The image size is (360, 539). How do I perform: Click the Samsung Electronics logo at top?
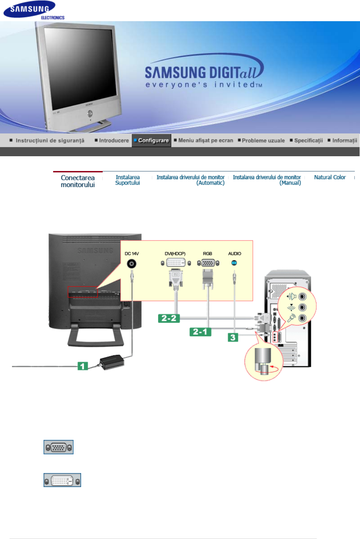coord(34,11)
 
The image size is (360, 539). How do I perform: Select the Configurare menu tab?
coord(151,141)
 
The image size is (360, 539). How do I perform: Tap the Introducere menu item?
coord(112,141)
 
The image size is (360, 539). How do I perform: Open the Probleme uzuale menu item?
coord(262,141)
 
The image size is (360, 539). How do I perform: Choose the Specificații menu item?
coord(307,141)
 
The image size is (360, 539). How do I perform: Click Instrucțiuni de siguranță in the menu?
coord(48,141)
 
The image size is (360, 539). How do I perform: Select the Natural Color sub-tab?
coord(330,177)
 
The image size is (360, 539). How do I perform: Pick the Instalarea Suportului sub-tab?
coord(127,180)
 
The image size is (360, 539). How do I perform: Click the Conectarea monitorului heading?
coord(78,181)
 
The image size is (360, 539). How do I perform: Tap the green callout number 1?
coord(82,366)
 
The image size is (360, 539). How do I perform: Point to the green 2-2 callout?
coord(169,318)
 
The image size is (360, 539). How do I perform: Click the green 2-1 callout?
coord(200,332)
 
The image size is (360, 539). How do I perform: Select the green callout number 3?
coord(233,337)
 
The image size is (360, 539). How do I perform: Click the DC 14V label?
coord(131,254)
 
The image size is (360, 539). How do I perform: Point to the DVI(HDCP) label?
coord(175,254)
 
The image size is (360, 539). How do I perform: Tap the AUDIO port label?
coord(235,254)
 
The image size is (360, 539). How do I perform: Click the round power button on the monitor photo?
coord(90,113)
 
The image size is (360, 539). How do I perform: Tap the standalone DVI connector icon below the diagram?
coord(62,480)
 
